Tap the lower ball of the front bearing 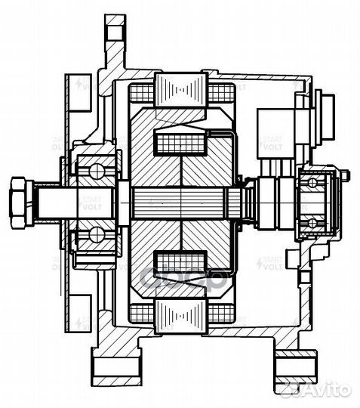click(x=97, y=235)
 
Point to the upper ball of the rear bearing click(x=311, y=182)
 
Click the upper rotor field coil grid click(x=180, y=141)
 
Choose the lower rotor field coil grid click(x=180, y=262)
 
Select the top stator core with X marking click(x=180, y=90)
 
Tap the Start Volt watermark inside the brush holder click(x=271, y=143)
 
